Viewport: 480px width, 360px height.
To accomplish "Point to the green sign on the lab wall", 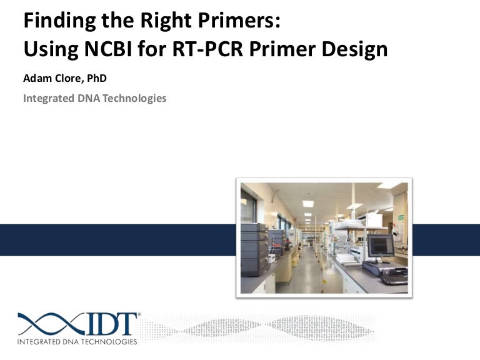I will coord(399,217).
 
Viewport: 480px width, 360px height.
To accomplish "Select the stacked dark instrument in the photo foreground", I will coord(254,250).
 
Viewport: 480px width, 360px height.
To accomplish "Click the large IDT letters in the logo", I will coord(112,324).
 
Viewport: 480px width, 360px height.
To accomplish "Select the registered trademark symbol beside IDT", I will coord(139,315).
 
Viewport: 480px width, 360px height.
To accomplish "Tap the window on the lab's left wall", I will coord(249,206).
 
